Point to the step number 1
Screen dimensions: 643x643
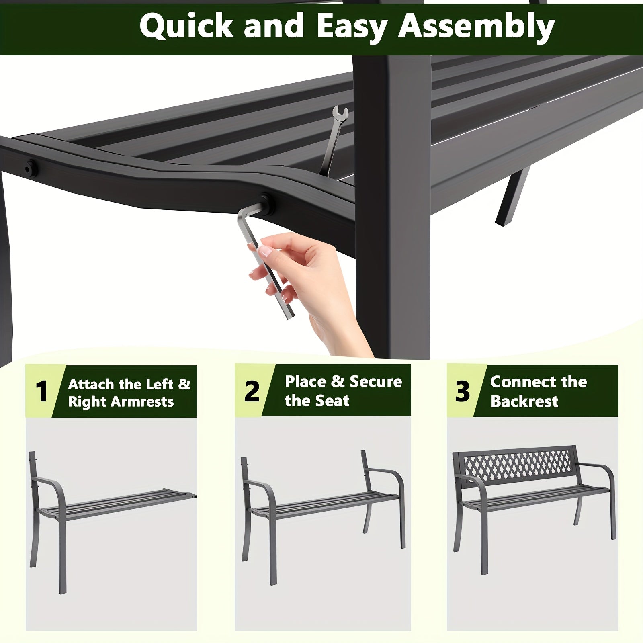[41, 391]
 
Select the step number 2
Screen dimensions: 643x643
[252, 391]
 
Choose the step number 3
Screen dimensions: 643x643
[462, 391]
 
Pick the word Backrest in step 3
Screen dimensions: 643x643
[524, 401]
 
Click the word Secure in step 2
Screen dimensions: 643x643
[376, 382]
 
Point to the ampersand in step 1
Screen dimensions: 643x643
[184, 385]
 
